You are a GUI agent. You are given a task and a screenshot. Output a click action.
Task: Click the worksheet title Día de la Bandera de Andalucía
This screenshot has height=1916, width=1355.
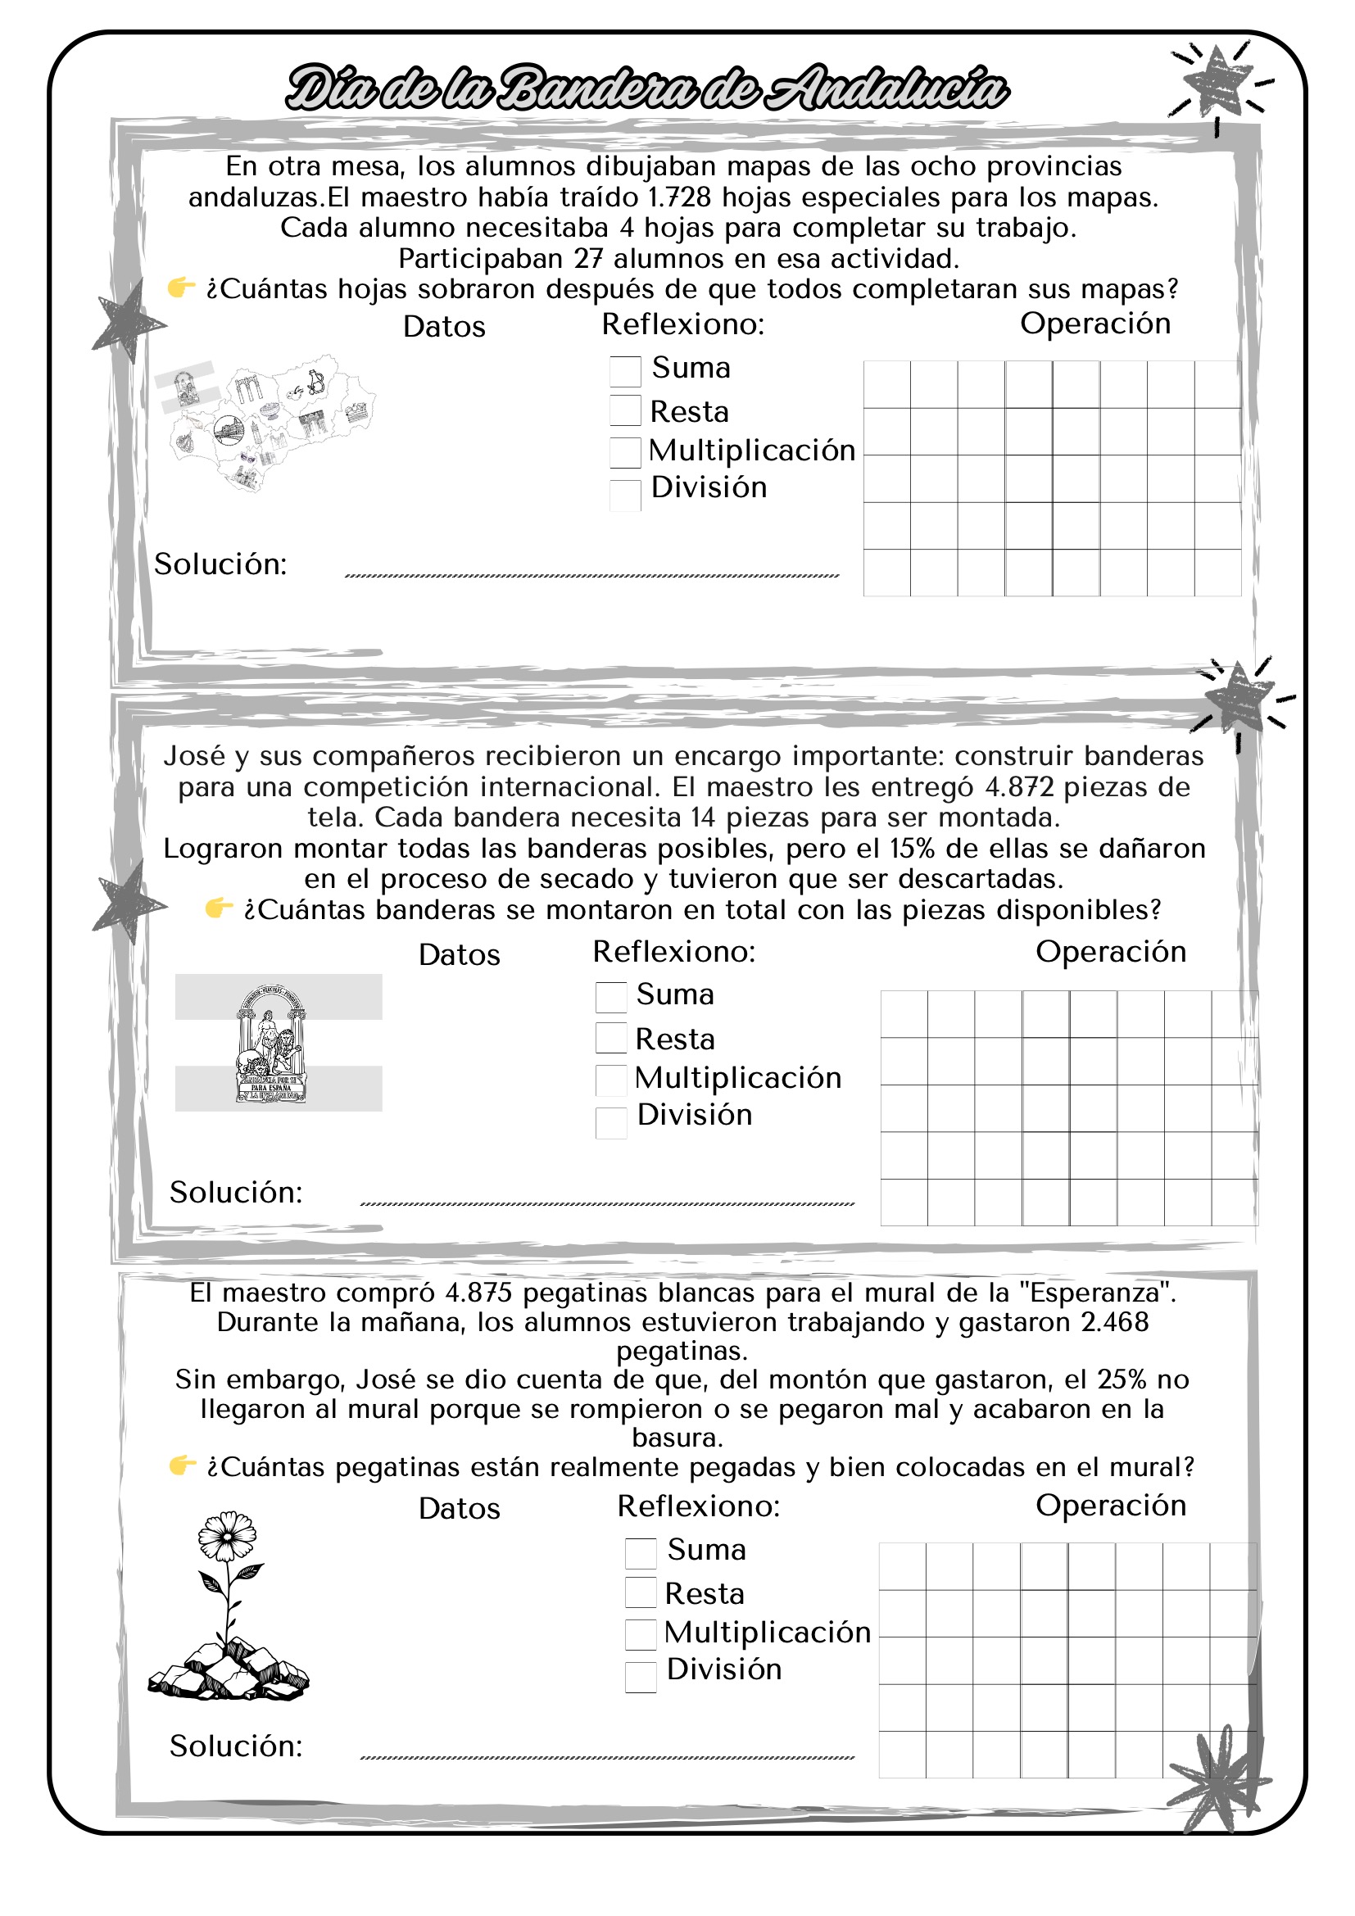click(646, 88)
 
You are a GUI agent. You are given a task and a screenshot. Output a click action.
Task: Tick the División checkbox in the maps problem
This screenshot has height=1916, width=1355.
click(625, 495)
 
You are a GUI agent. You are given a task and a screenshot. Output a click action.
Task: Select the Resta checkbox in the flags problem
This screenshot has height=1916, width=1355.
click(611, 1038)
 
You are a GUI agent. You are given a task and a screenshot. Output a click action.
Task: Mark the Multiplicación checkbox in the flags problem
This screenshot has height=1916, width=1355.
click(611, 1080)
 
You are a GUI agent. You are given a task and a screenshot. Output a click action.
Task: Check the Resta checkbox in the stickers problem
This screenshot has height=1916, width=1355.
click(640, 1592)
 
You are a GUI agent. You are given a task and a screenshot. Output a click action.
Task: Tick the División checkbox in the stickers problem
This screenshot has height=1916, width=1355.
click(640, 1678)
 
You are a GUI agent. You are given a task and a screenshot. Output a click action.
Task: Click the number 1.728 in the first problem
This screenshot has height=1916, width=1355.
click(679, 197)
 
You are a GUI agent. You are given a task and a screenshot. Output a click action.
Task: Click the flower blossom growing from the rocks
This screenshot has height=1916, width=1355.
click(227, 1535)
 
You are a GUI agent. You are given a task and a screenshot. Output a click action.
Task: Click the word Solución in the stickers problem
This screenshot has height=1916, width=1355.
click(235, 1746)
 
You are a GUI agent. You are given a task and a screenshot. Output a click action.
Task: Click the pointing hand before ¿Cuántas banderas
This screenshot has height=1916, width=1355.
click(219, 908)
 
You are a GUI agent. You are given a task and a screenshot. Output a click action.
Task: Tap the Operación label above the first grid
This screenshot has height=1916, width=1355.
click(1094, 324)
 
